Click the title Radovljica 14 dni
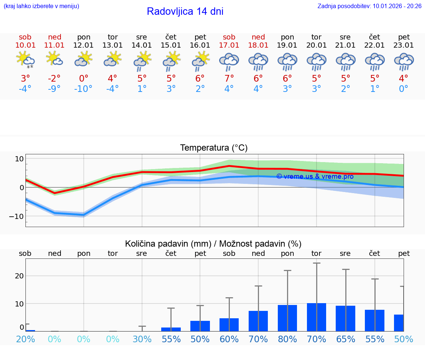click(185, 11)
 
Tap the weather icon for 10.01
click(25, 60)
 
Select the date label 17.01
click(229, 45)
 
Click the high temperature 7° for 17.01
click(229, 79)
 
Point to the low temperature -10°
click(83, 89)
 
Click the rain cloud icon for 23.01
click(404, 61)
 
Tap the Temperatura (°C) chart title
click(214, 148)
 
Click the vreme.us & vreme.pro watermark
click(315, 176)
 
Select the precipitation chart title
click(213, 244)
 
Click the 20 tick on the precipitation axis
click(20, 276)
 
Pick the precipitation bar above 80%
click(287, 318)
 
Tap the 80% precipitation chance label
click(287, 339)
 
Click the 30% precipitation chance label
click(142, 339)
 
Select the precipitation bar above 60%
click(229, 325)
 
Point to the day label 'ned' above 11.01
click(55, 37)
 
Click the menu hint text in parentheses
click(41, 6)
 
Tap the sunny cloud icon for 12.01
click(83, 59)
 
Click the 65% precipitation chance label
click(346, 339)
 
